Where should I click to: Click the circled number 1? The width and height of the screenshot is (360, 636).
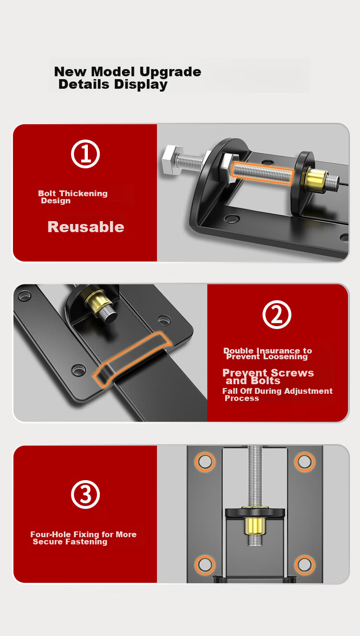[85, 154]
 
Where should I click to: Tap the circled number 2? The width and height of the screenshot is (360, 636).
[277, 315]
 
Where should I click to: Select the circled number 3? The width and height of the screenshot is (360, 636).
[85, 495]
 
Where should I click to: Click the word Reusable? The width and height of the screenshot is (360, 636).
[86, 227]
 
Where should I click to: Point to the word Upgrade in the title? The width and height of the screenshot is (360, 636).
[170, 72]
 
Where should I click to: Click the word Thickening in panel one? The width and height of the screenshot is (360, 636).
[83, 193]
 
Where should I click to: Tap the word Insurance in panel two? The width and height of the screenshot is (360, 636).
[278, 351]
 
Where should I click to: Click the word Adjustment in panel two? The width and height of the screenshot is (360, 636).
[308, 391]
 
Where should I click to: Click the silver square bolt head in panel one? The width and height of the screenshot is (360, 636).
[172, 160]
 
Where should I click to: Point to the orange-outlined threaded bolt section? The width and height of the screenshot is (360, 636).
[262, 173]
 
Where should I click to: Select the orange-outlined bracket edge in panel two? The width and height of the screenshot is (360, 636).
[132, 359]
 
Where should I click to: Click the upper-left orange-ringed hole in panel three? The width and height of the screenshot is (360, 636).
[205, 462]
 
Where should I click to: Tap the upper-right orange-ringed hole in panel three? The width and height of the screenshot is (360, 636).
[305, 462]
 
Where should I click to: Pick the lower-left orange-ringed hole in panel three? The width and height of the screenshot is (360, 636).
[205, 565]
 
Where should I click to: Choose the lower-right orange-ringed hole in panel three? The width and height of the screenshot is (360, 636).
[305, 565]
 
